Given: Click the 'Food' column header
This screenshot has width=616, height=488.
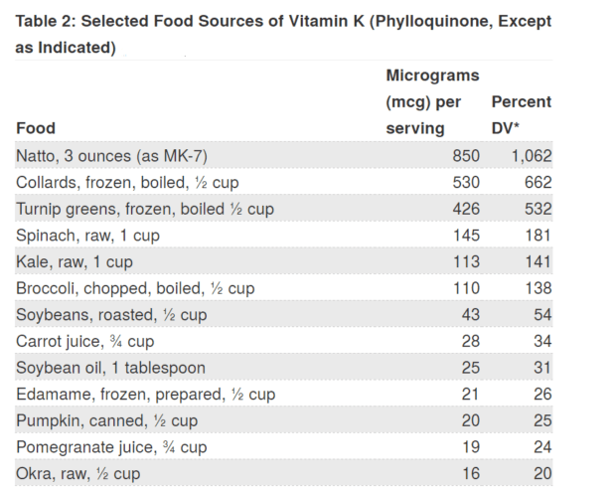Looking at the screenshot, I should (36, 128).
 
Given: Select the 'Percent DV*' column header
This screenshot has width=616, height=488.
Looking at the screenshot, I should (521, 114).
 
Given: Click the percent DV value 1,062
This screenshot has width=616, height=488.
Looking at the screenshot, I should (532, 156).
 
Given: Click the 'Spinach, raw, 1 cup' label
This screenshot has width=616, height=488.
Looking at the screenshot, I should (87, 236).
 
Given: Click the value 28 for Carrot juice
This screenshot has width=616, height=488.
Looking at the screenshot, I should (470, 342).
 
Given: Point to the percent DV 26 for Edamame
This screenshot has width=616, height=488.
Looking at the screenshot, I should (541, 395).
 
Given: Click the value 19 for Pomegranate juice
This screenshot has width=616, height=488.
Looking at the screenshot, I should (470, 447).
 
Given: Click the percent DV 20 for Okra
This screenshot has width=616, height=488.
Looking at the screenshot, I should (541, 474).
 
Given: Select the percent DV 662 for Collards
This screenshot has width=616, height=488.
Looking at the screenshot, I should (538, 183).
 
